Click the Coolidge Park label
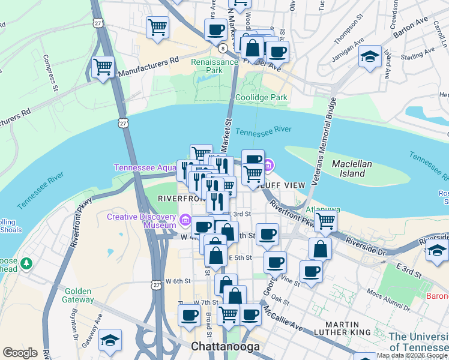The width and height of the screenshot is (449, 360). (x=261, y=97)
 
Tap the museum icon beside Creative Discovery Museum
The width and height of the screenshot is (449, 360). (x=185, y=221)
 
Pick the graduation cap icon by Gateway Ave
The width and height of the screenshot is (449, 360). (x=110, y=340)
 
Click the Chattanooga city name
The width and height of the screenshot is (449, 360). (x=225, y=347)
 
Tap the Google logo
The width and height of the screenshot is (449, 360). (x=20, y=353)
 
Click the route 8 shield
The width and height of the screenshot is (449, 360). (x=223, y=48)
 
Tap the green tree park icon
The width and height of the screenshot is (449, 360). (x=26, y=263)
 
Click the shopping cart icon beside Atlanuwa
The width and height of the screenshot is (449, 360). (x=325, y=220)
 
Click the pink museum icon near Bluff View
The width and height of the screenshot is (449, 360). (x=269, y=164)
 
